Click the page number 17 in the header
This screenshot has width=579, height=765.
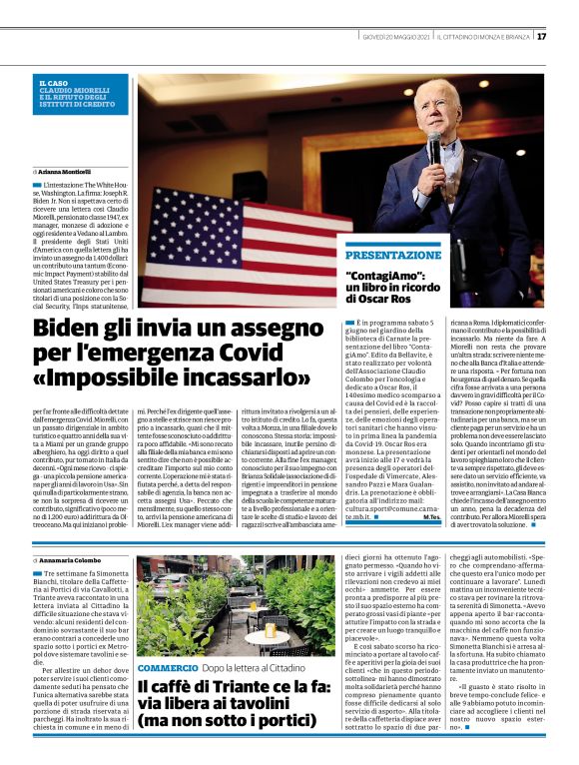[x=541, y=37]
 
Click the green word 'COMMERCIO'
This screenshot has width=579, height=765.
[x=168, y=665]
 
